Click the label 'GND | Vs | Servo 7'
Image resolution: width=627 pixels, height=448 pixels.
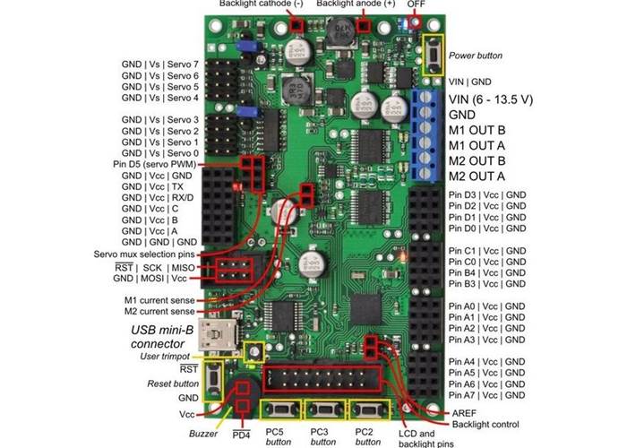[x=160, y=65]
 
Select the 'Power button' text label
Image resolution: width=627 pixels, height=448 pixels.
[x=476, y=56]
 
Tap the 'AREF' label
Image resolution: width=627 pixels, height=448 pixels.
[x=465, y=411]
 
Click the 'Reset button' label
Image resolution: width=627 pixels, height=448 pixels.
[x=173, y=383]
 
